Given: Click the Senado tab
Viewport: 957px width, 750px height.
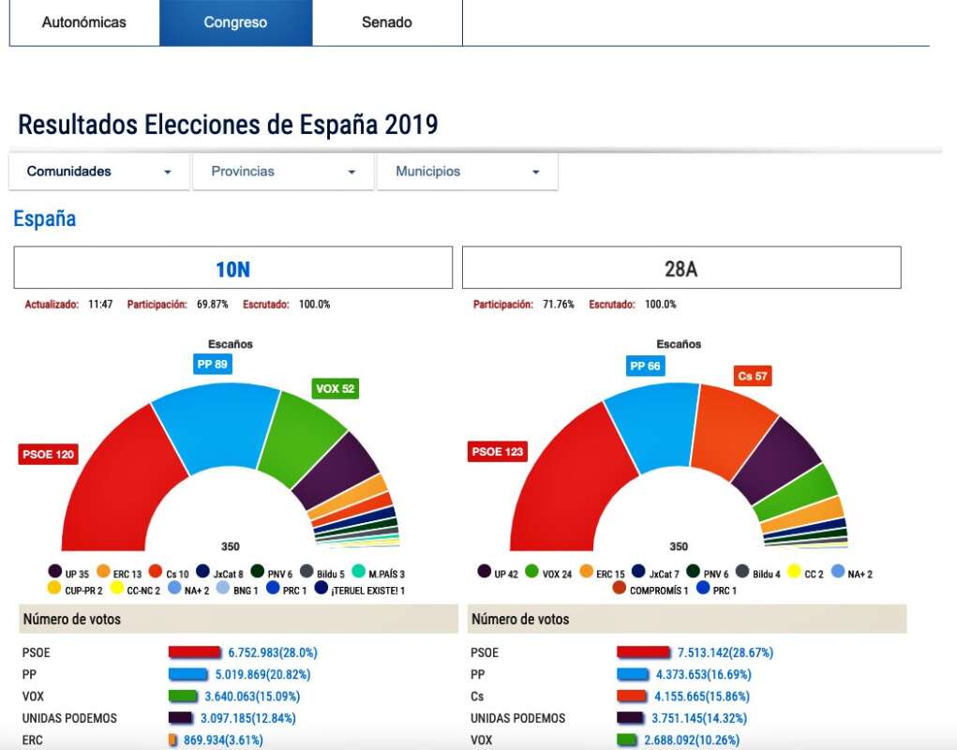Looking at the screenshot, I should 386,22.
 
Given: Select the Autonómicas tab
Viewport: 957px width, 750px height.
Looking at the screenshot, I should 84,22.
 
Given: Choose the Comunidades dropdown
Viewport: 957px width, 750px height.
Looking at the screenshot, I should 99,172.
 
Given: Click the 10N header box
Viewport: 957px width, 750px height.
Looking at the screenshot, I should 232,269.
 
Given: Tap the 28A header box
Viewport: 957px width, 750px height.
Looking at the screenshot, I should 681,269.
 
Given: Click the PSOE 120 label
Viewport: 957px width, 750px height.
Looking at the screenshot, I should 49,455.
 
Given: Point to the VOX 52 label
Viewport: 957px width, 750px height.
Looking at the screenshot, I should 336,388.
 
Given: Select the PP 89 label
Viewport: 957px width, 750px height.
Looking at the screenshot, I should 213,365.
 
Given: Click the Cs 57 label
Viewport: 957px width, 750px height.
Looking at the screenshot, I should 753,376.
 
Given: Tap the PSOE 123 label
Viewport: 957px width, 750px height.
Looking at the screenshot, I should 497,452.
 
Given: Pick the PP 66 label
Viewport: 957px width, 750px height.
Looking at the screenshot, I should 645,366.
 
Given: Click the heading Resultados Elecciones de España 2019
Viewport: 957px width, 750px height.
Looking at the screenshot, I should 228,125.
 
